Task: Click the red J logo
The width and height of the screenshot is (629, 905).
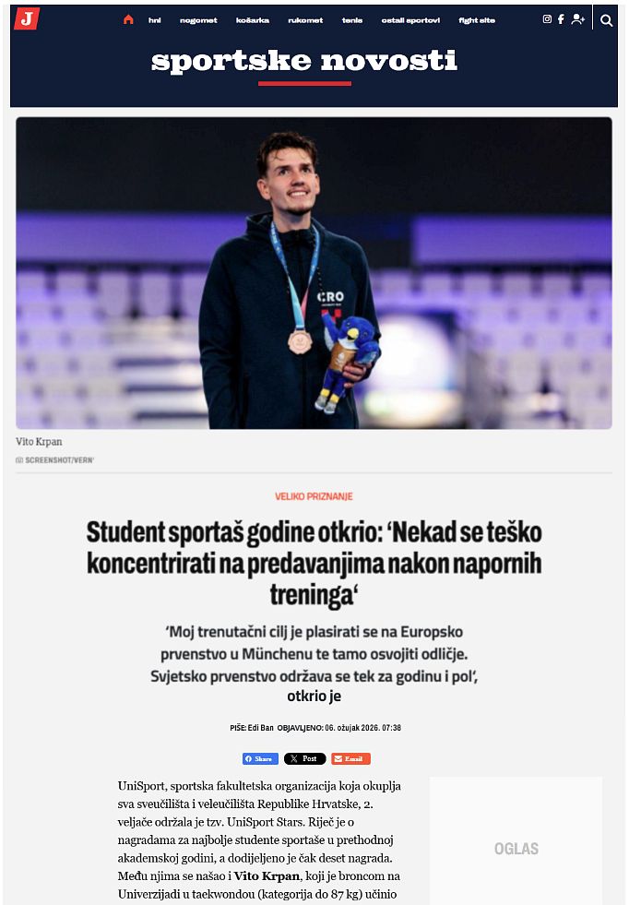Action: pos(27,18)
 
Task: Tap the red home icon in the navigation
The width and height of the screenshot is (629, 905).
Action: pos(128,19)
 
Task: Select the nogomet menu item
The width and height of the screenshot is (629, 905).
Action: pos(198,20)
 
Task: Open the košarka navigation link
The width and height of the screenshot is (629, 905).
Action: pos(253,20)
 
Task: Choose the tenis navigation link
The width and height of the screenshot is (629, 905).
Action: pos(352,20)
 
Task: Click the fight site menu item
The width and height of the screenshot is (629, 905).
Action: pos(477,20)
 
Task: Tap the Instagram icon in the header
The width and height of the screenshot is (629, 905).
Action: pos(547,19)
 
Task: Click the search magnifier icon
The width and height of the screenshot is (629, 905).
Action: pos(606,19)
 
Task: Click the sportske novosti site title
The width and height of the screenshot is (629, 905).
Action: pos(304,62)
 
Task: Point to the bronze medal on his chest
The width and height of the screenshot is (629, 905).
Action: pos(299,340)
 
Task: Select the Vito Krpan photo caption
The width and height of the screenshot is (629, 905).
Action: pos(40,442)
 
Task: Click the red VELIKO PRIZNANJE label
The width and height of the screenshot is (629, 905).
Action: pos(314,496)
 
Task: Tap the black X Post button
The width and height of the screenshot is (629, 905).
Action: pos(304,758)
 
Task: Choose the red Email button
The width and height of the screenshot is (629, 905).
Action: pos(350,758)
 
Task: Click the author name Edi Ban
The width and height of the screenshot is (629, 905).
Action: pos(260,728)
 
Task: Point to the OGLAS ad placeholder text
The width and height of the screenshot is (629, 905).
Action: pos(516,849)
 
